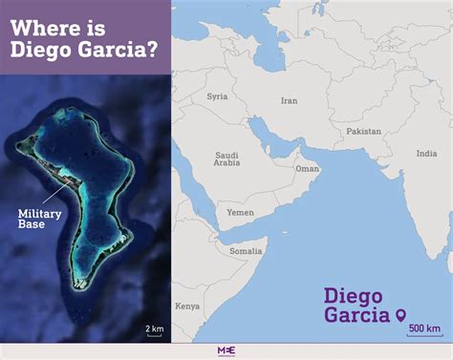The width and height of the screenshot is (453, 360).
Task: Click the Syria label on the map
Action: click(218, 96)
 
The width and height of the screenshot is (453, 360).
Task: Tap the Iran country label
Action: click(289, 99)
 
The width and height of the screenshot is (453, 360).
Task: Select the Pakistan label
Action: click(363, 130)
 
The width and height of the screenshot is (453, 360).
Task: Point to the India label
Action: click(426, 153)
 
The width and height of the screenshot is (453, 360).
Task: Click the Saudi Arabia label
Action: click(226, 159)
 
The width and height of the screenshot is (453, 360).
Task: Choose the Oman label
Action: click(307, 168)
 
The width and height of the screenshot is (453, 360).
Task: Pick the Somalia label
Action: click(245, 250)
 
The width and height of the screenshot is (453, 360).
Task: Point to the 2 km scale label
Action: click(154, 302)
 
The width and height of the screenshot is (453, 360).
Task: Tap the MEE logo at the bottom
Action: click(226, 349)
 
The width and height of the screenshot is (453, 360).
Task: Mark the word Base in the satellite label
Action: click(32, 225)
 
